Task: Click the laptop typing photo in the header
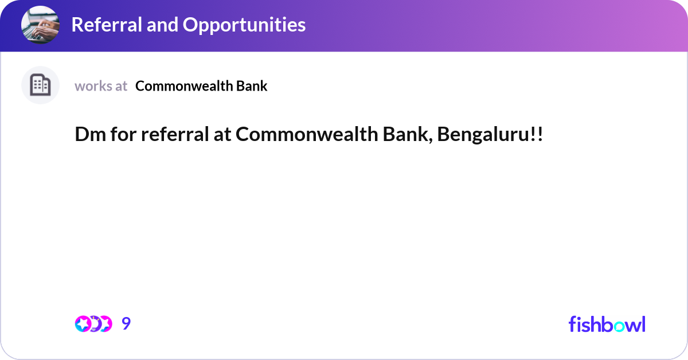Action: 40,25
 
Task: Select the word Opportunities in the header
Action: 244,25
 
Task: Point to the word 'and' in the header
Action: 162,25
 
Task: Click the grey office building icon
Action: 40,85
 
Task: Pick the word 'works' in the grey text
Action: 93,86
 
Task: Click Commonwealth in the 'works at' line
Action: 183,86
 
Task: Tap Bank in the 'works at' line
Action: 252,86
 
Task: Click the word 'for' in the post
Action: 123,134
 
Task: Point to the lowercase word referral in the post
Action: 175,134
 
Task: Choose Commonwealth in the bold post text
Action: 307,134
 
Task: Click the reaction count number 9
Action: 126,323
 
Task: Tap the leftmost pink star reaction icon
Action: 83,324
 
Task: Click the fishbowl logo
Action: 607,324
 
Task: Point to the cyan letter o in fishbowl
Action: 620,326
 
